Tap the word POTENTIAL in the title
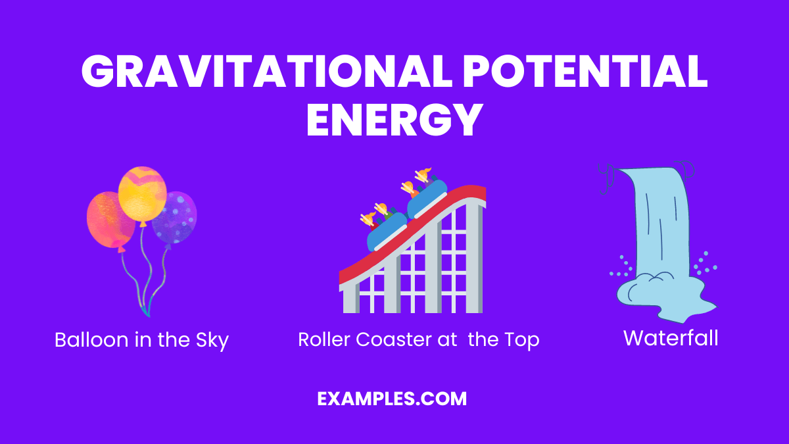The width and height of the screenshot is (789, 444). point(585,71)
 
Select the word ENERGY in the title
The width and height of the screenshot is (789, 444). point(394,120)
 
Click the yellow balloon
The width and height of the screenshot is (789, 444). point(142,195)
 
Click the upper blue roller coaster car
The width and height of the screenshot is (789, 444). point(427,199)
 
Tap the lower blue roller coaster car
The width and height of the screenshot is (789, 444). point(387,232)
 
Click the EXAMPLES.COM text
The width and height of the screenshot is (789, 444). point(392,399)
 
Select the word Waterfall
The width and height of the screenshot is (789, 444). point(671,338)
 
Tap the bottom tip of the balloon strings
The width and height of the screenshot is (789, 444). point(148,315)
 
